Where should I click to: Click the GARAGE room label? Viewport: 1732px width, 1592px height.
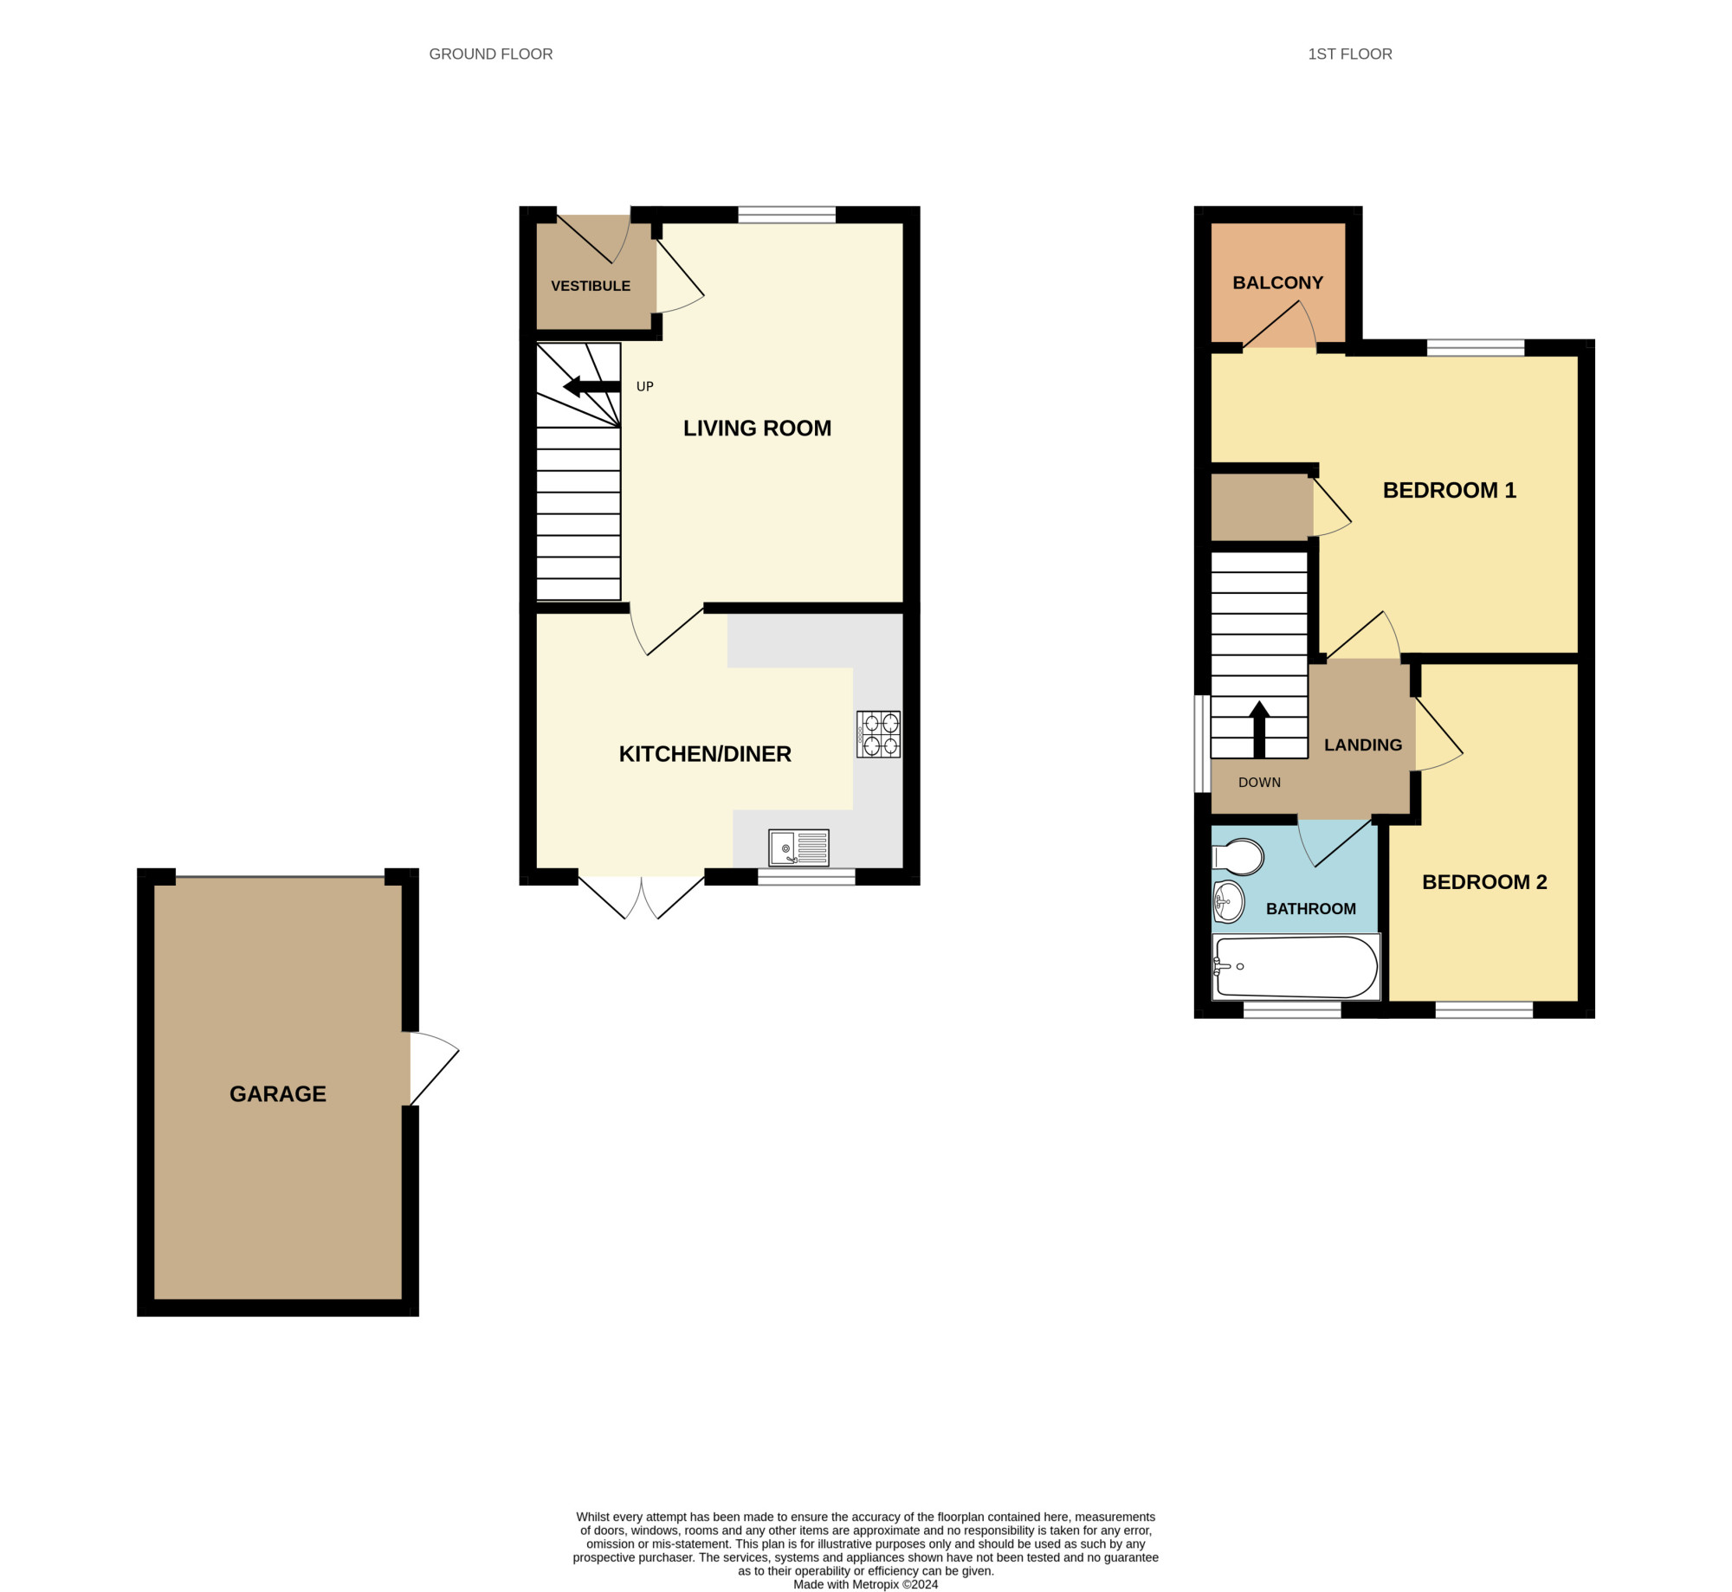coord(278,1094)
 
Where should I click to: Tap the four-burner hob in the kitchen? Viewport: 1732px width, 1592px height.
coord(878,735)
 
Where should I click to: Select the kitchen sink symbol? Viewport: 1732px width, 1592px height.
coord(798,848)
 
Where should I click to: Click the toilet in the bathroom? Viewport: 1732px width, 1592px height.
coord(1238,857)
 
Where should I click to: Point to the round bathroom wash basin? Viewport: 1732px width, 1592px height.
coord(1228,902)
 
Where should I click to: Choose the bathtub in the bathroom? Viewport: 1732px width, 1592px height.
coord(1296,967)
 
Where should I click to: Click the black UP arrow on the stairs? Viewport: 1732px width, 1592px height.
coord(591,386)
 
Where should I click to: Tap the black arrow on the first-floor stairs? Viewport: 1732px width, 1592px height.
coord(1259,729)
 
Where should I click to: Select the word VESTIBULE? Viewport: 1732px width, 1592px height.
coord(591,286)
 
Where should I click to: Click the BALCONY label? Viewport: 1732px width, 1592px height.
coord(1278,283)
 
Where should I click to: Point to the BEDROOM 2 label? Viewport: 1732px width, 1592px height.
coord(1484,882)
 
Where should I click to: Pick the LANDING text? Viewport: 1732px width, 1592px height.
coord(1363,745)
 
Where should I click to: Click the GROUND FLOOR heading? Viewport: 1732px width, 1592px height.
coord(491,54)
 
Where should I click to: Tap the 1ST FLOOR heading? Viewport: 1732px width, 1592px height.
coord(1350,54)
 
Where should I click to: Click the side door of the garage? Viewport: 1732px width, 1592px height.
coord(433,1068)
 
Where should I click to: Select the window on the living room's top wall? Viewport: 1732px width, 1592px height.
coord(786,215)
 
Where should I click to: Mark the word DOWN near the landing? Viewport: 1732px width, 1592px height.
coord(1259,783)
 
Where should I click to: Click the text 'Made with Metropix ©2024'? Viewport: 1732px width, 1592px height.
coord(866,1584)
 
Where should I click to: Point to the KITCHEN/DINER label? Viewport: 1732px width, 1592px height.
coord(705,754)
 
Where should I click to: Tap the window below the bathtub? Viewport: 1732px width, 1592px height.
coord(1292,1009)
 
